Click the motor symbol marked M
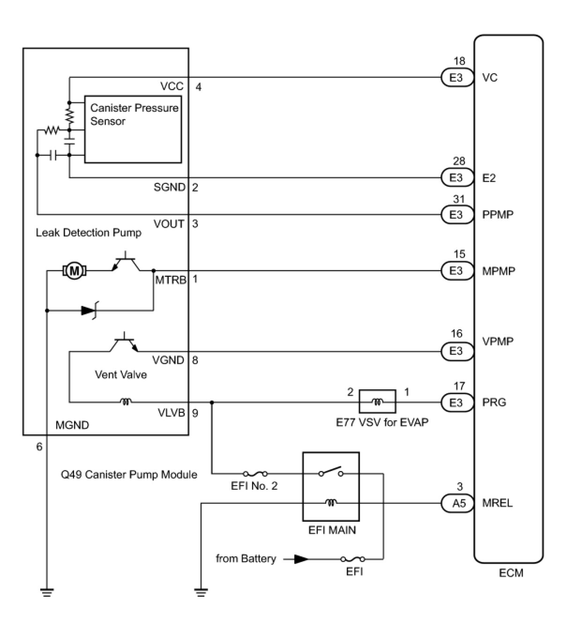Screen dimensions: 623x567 point(73,271)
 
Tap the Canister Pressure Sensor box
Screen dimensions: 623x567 point(133,129)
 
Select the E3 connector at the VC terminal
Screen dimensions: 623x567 point(456,77)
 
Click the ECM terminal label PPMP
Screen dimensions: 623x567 point(498,215)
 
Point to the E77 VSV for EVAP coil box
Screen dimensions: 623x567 point(377,402)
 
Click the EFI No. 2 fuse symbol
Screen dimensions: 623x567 point(255,474)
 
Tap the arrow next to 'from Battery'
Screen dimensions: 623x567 point(300,559)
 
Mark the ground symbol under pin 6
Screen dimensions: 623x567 point(47,592)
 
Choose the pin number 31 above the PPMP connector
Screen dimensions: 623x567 point(459,199)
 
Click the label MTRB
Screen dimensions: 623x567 point(171,280)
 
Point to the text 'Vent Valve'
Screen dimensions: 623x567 point(121,374)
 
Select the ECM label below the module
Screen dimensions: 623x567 point(511,573)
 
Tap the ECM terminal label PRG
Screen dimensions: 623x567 point(494,403)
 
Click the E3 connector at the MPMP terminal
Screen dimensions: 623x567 point(456,271)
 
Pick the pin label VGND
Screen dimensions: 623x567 point(168,360)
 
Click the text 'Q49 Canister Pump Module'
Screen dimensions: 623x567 point(129,474)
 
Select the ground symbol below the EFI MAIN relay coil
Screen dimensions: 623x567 point(201,592)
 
